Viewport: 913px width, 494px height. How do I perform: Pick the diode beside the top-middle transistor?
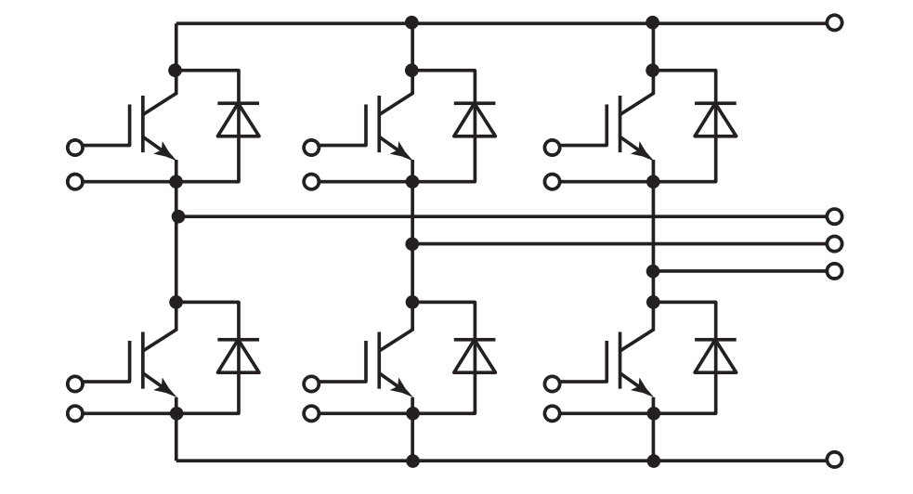(x=474, y=120)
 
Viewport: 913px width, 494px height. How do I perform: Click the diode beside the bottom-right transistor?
(x=715, y=356)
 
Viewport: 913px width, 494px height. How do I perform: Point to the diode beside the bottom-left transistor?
(x=238, y=356)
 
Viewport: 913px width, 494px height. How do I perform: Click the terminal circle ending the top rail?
(x=834, y=22)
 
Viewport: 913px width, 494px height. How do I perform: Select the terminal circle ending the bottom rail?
(x=834, y=459)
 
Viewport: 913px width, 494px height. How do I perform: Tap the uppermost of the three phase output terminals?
(x=834, y=216)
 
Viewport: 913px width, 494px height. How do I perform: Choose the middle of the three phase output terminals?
(x=834, y=243)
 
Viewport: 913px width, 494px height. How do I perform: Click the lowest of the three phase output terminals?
(x=834, y=271)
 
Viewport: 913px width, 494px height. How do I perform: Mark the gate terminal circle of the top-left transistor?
(x=75, y=147)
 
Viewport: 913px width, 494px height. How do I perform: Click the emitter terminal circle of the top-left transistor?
(x=75, y=181)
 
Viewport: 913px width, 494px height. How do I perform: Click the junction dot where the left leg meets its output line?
(x=176, y=216)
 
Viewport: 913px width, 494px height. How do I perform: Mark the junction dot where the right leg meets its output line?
(x=653, y=271)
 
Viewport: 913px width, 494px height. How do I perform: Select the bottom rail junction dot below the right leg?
(x=653, y=459)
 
